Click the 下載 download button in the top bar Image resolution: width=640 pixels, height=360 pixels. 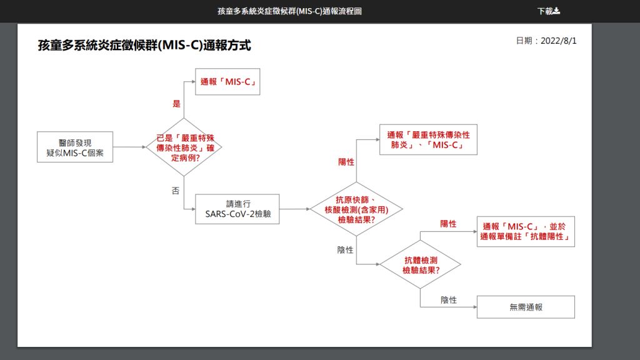(x=549, y=11)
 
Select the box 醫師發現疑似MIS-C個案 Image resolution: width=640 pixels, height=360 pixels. (x=75, y=147)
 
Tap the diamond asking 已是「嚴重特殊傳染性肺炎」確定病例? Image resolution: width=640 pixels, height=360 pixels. (x=184, y=147)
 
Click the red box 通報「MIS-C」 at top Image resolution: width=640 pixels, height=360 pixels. (x=228, y=82)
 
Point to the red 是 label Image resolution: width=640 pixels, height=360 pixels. (x=176, y=104)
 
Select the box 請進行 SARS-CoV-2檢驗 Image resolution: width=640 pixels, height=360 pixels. (x=237, y=209)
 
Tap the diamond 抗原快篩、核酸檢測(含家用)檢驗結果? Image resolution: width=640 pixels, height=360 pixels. (x=356, y=209)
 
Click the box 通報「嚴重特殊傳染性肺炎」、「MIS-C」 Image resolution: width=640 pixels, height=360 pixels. (x=428, y=140)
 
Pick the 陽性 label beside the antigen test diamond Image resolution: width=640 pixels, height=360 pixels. (x=346, y=162)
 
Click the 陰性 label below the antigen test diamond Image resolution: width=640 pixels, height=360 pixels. (x=346, y=250)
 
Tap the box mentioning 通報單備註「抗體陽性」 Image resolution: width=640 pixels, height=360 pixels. (x=526, y=231)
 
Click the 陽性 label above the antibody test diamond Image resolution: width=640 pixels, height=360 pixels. (x=448, y=224)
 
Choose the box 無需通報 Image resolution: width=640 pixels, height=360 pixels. (x=526, y=307)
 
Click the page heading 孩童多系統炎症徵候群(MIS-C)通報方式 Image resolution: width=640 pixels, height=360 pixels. (x=144, y=46)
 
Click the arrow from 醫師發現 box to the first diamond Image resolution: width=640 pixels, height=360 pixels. (x=129, y=147)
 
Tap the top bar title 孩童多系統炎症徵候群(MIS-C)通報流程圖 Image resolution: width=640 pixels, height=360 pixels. (x=289, y=11)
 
